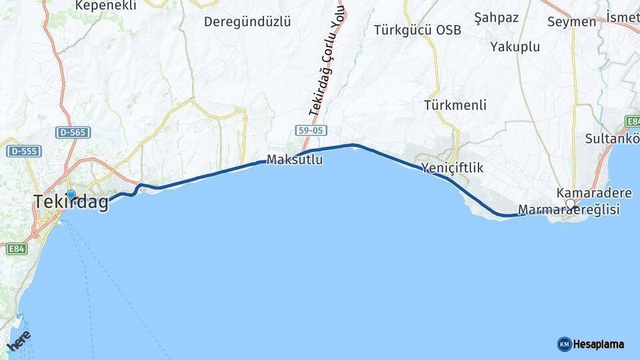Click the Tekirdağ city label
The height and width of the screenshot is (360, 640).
[x=71, y=202]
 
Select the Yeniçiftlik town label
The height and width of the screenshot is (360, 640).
[x=452, y=168]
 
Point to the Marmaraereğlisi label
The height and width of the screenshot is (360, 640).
[x=569, y=210]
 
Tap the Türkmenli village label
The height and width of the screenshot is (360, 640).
[x=455, y=105]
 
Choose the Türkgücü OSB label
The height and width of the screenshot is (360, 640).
[x=417, y=30]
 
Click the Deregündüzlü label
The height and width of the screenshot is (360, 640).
[x=247, y=21]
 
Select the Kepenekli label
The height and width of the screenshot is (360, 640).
[x=106, y=5]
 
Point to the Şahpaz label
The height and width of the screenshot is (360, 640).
[x=496, y=17]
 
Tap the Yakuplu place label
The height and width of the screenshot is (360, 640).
[x=515, y=47]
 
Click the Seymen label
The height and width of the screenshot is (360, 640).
[x=571, y=21]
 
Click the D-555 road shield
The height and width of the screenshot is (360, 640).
[x=24, y=151]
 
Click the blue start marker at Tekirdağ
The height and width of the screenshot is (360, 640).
[x=71, y=195]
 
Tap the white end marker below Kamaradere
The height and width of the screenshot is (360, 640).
[x=570, y=203]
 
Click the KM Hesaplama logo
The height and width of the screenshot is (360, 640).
[x=591, y=344]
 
